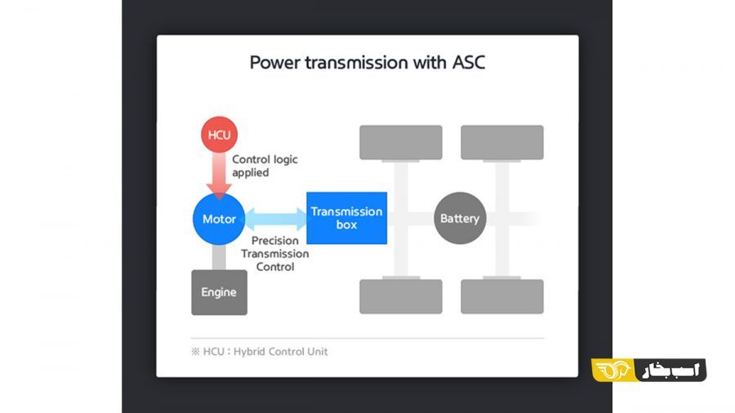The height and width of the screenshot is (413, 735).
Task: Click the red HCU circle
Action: click(219, 135)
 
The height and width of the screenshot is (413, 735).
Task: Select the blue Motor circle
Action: click(219, 219)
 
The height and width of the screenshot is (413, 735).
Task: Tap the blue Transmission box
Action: click(347, 218)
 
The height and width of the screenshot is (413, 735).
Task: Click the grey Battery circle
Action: click(460, 218)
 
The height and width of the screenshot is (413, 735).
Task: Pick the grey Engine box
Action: click(219, 292)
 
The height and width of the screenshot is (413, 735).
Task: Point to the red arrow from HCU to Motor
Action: click(219, 175)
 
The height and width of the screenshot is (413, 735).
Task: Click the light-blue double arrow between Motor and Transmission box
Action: click(276, 219)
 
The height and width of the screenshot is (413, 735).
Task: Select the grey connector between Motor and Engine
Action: click(219, 257)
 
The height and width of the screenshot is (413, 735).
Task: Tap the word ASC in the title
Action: click(468, 62)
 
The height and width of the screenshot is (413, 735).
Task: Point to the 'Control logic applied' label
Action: click(265, 166)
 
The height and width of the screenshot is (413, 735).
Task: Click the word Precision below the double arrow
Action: click(274, 241)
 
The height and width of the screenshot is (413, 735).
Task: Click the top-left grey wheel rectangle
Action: click(401, 142)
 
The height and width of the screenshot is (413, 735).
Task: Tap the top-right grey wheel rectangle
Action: click(502, 142)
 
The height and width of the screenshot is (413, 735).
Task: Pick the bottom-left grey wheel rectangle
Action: click(401, 296)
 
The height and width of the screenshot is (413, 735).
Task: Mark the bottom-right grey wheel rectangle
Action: click(502, 296)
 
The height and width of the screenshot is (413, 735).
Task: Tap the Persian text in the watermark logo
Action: click(670, 371)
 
